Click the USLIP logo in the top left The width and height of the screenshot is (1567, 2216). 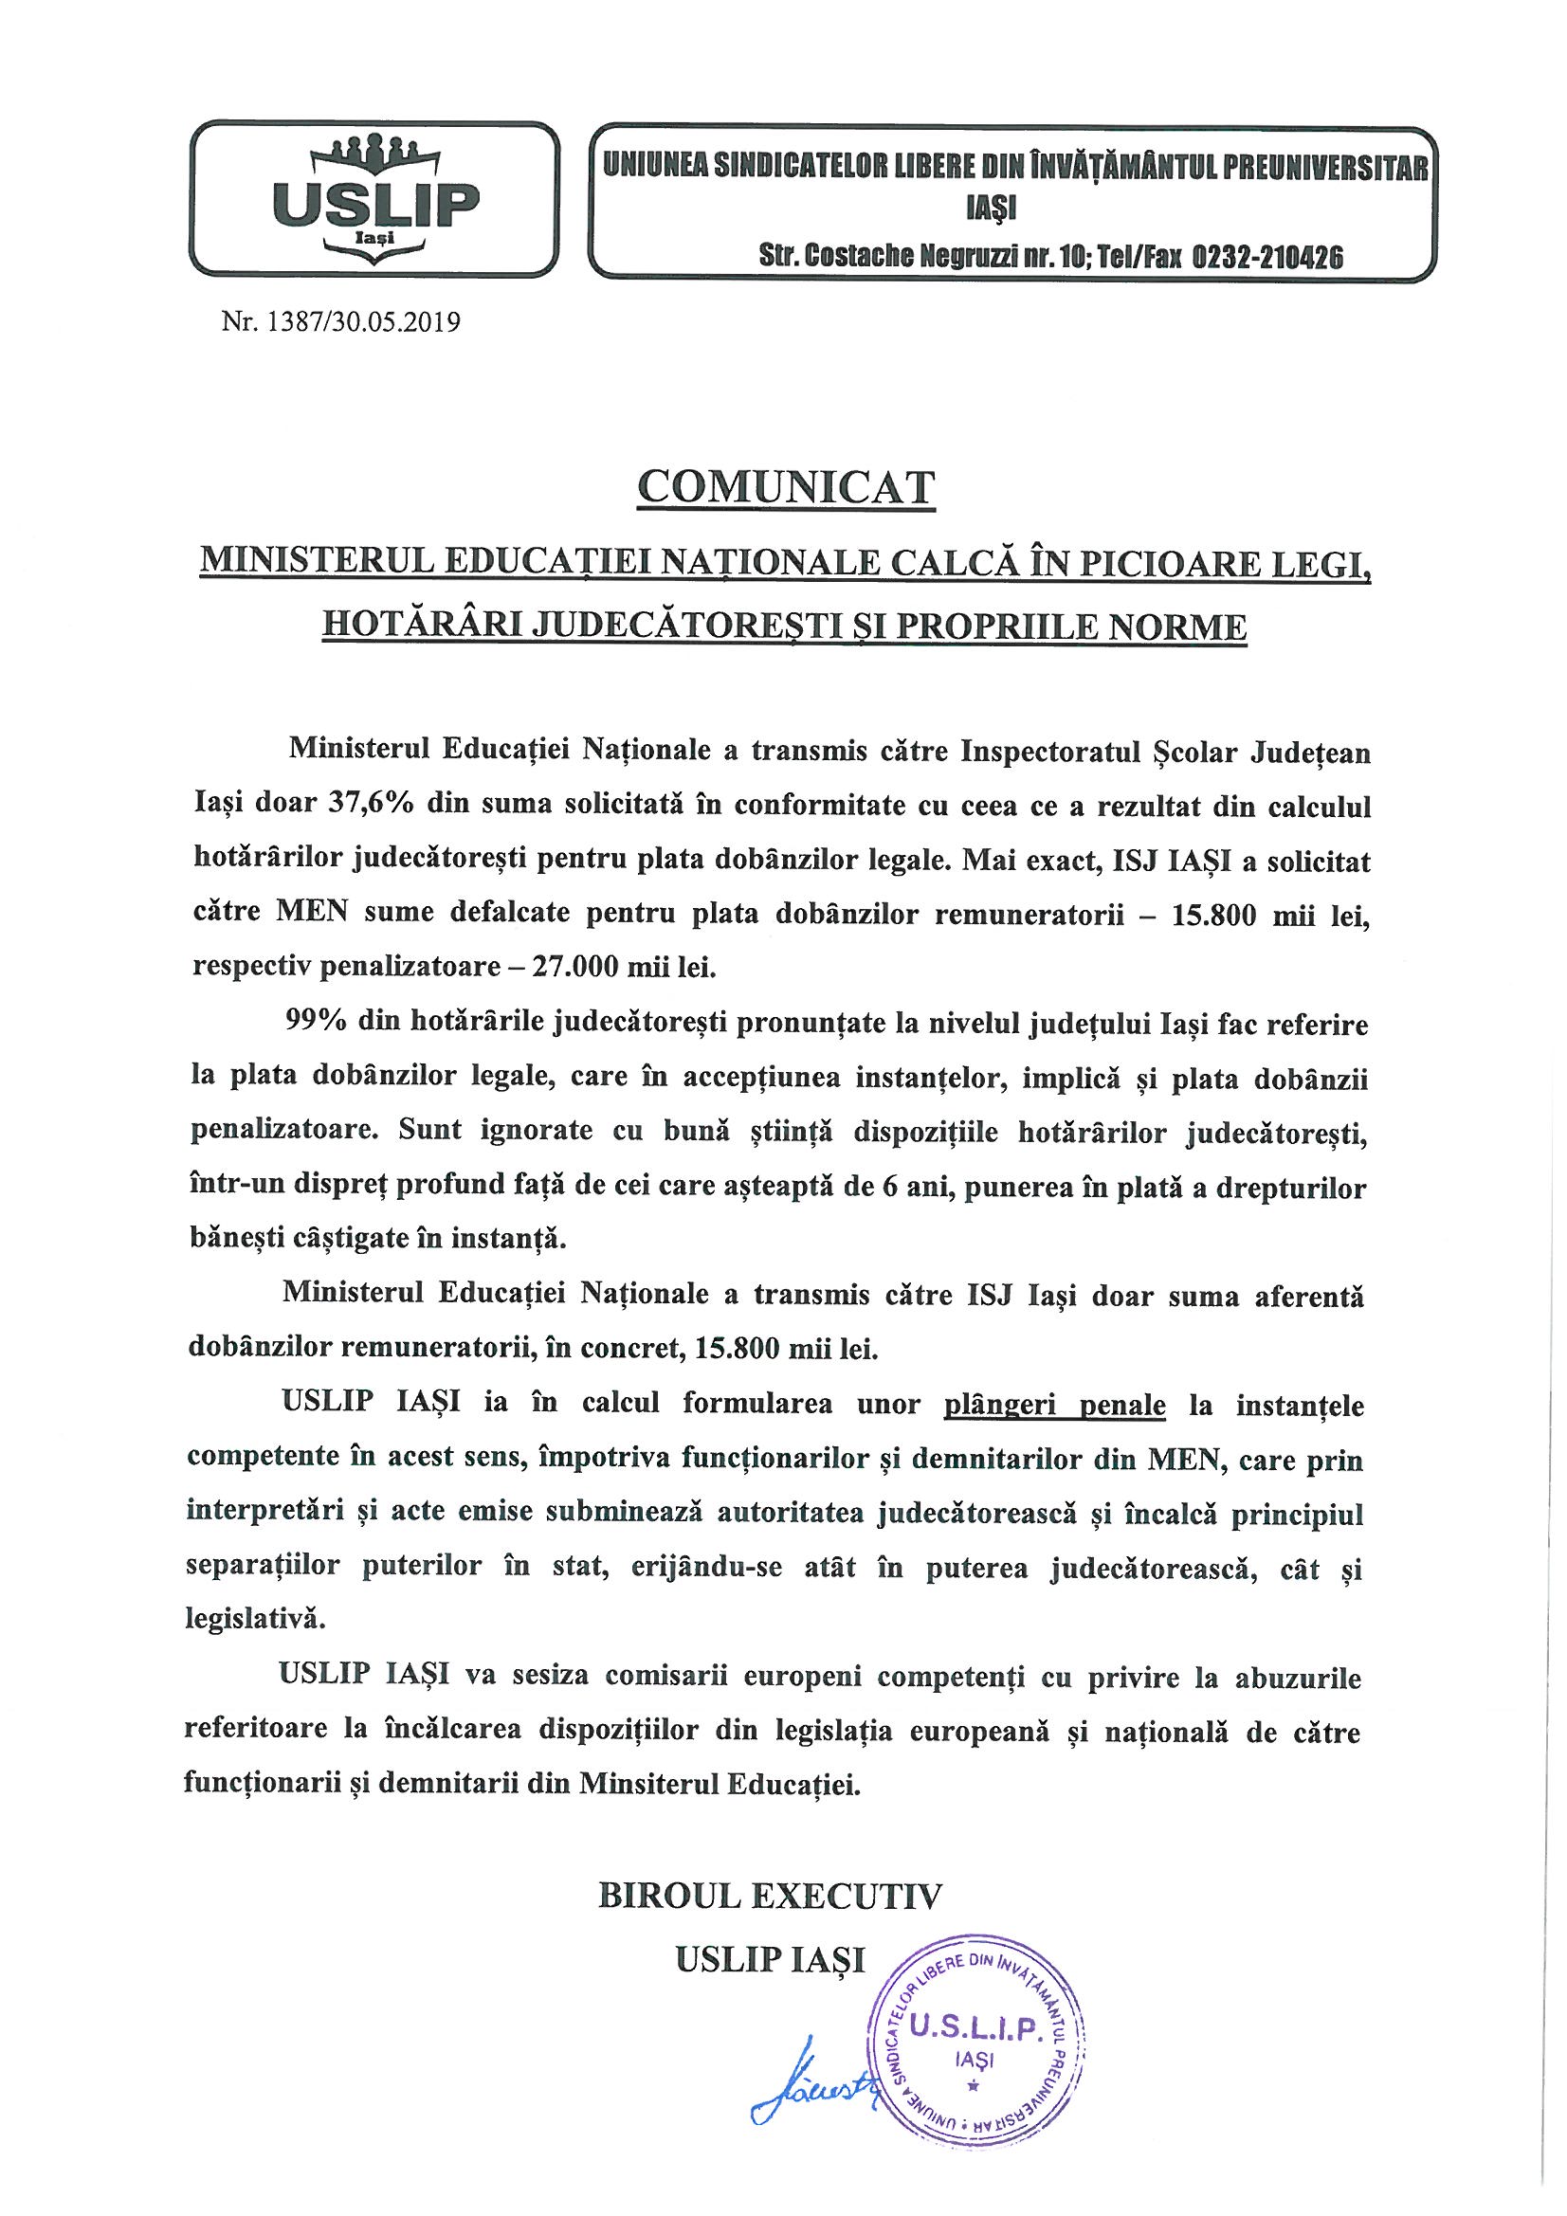375,199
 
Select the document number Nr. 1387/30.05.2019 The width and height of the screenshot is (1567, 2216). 341,321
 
